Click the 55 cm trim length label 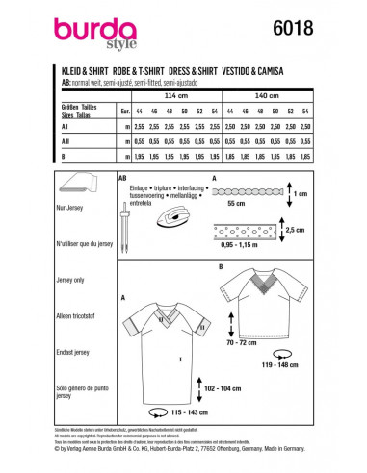(261, 207)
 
